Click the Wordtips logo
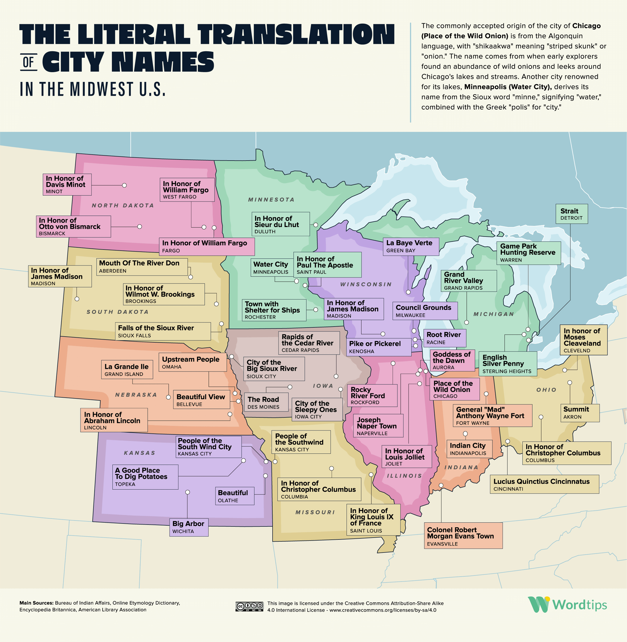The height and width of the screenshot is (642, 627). click(x=567, y=604)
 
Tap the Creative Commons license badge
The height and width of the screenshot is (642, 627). click(x=249, y=606)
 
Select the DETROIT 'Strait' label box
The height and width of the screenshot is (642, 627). click(x=571, y=214)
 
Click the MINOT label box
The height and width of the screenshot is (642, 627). click(x=67, y=185)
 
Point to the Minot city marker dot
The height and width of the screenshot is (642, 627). click(x=124, y=185)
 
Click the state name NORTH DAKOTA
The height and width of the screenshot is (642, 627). click(x=123, y=205)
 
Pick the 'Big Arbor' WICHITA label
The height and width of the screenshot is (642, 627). click(x=189, y=527)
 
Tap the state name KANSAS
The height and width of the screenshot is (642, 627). click(x=140, y=453)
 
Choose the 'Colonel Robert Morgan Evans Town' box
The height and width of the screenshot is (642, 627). click(x=463, y=536)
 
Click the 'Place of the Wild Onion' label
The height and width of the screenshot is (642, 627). click(x=454, y=389)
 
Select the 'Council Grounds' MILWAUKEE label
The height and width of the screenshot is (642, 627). click(x=425, y=311)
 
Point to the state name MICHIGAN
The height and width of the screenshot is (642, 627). click(x=493, y=314)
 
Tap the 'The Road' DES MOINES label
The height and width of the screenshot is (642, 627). click(x=266, y=402)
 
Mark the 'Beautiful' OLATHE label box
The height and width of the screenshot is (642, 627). click(x=234, y=496)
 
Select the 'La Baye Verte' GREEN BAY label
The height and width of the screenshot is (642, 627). click(x=411, y=246)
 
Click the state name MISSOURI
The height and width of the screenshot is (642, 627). click(x=315, y=512)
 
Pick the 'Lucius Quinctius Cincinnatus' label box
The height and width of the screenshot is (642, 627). click(x=544, y=484)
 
